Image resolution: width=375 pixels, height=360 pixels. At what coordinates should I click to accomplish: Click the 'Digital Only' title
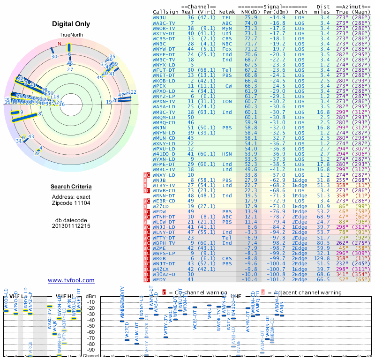click(x=71, y=24)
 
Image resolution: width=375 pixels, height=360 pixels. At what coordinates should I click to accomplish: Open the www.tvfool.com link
click(x=71, y=280)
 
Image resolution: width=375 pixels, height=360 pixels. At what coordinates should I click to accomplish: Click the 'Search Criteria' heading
click(x=71, y=187)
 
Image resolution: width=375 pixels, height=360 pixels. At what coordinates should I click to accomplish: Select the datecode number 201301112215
click(x=71, y=226)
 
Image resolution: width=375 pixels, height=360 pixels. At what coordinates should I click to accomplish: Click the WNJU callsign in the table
click(x=160, y=17)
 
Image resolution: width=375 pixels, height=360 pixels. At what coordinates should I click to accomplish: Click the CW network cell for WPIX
click(x=228, y=86)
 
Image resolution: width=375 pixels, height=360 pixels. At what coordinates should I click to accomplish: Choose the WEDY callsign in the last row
click(x=160, y=279)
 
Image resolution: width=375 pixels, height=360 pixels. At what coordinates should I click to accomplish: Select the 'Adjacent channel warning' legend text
click(x=304, y=292)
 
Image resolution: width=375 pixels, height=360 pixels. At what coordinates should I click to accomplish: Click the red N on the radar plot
click(x=60, y=44)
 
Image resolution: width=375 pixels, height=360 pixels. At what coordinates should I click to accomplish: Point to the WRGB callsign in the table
click(x=160, y=258)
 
